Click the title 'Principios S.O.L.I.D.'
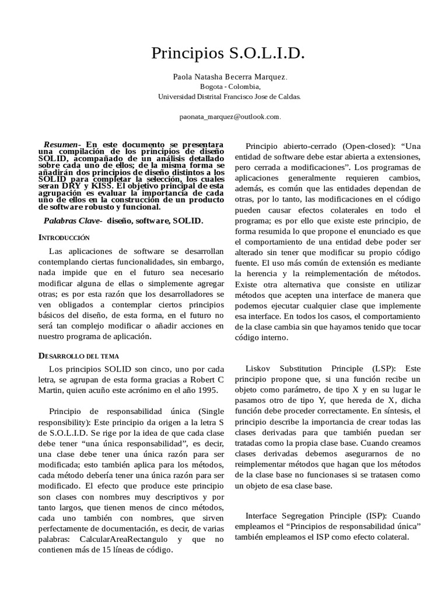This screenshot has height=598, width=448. coord(228,54)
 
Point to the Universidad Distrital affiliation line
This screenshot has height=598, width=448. coord(230,97)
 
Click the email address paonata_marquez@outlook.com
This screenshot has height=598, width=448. coord(230,116)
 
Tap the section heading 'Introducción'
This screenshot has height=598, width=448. coord(64,238)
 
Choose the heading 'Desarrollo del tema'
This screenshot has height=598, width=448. coord(79,355)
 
